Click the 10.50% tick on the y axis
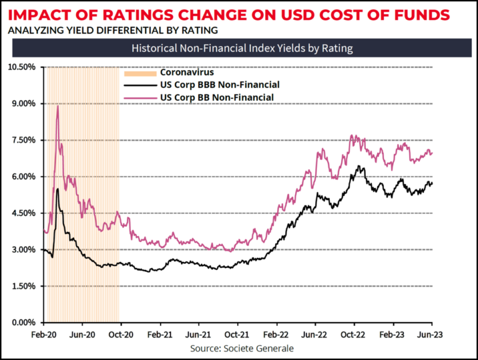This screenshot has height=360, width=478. pos(21,67)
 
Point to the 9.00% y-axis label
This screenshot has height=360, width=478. pos(23,103)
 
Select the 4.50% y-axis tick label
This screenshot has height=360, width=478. pos(23,213)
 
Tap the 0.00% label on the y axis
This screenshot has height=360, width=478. pos(23,323)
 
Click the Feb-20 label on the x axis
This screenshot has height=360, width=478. pos(43,334)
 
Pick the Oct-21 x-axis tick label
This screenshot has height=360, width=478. pos(237,334)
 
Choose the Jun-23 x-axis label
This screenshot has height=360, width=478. pos(431,334)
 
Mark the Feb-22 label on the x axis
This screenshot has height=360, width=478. pos(276,334)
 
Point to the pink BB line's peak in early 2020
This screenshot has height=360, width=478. pos(57,106)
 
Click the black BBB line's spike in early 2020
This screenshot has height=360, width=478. pos(58,189)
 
